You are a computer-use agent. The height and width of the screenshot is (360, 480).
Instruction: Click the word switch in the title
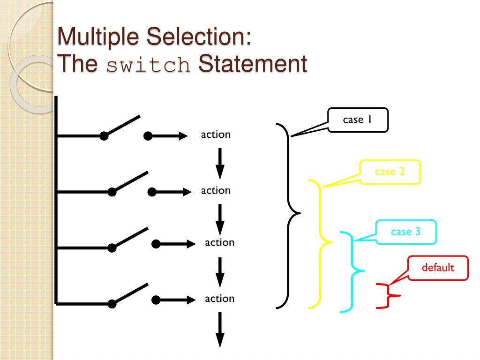[x=148, y=65]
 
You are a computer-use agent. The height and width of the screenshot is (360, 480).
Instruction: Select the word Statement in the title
[x=253, y=64]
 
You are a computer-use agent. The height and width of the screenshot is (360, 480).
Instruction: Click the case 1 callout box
[x=358, y=120]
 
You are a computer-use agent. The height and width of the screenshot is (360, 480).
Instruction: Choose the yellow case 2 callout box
[x=390, y=172]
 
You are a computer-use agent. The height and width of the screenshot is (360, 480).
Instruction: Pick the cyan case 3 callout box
[x=406, y=232]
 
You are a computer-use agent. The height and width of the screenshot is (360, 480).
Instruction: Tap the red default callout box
[x=438, y=268]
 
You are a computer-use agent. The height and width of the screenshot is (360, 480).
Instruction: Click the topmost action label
[x=216, y=135]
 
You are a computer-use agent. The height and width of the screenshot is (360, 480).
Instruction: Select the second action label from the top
[x=216, y=190]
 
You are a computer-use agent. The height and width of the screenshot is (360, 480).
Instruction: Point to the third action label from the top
[x=219, y=242]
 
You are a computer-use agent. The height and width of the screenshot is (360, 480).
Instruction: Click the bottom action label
[x=219, y=298]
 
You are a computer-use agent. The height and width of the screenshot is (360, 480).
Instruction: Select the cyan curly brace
[x=352, y=271]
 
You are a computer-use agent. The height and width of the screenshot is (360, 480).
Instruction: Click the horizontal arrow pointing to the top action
[x=167, y=136]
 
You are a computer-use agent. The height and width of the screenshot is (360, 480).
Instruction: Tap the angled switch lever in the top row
[x=121, y=126]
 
